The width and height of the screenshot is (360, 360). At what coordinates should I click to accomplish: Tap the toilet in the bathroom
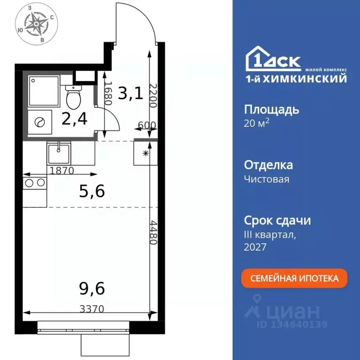pos(73,97)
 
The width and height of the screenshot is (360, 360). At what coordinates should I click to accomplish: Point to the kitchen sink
pos(59,153)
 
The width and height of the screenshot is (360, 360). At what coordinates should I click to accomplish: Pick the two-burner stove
pos(35,182)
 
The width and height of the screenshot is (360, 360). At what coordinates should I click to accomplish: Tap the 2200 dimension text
pos(153,96)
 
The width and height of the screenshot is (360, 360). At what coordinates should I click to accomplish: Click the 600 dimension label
pos(147,125)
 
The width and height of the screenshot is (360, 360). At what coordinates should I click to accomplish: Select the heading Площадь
pos(272,110)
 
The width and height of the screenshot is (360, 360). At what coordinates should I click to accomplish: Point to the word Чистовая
pos(267,179)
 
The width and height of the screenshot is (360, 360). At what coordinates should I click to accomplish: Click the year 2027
pos(255,247)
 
